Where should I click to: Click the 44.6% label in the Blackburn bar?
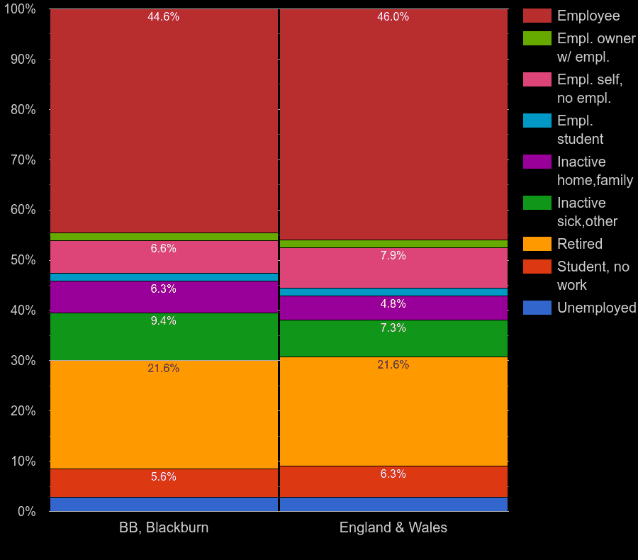point(163,17)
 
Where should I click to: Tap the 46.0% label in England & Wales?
point(393,17)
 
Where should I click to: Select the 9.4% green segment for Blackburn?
point(164,337)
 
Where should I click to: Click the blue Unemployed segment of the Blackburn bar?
point(164,504)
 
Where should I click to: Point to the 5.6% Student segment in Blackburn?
point(164,483)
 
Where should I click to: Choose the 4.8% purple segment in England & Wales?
point(393,308)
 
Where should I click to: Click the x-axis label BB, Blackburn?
point(164,528)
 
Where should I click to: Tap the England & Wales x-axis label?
point(393,528)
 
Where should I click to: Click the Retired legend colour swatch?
point(537,244)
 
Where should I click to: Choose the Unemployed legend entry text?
point(596,308)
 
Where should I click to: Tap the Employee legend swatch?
point(537,16)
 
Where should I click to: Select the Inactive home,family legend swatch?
point(537,162)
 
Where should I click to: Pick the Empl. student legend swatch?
point(537,121)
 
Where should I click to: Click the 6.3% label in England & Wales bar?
point(393,474)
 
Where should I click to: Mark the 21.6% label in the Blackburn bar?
point(163,369)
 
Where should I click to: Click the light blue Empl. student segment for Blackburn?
point(164,277)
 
